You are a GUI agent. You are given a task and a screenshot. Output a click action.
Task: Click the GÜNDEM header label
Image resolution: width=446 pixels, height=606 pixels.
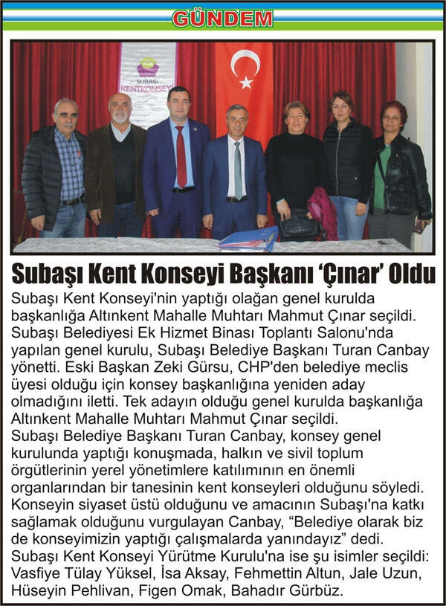(x=224, y=19)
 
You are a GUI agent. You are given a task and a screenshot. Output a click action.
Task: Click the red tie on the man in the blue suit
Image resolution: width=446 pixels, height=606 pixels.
(x=181, y=157)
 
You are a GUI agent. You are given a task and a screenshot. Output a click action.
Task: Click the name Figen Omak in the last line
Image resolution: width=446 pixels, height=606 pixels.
(x=214, y=591)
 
